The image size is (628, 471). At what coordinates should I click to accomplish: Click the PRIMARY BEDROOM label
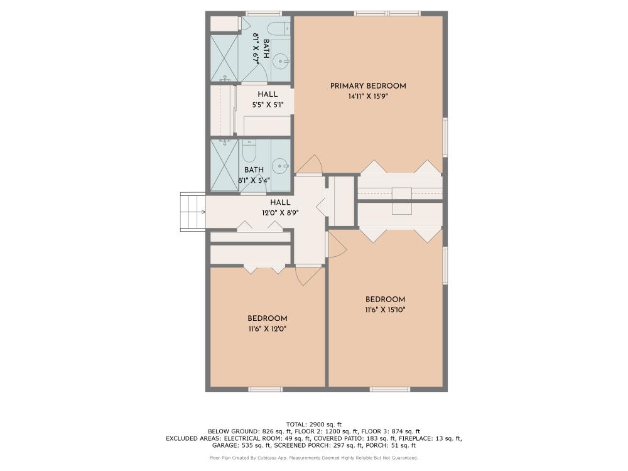tap(368, 86)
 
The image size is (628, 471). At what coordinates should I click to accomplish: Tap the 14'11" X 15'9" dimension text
tap(368, 97)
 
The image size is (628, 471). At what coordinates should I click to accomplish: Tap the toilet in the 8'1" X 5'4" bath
tap(249, 152)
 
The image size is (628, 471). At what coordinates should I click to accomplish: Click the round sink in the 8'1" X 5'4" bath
tap(280, 166)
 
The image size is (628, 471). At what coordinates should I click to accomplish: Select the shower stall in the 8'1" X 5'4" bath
tap(222, 165)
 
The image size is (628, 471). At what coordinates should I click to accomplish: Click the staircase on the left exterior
tap(193, 212)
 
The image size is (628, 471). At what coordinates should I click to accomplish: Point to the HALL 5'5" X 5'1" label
tap(268, 100)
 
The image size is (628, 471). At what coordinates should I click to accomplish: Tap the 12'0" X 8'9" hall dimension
tap(280, 213)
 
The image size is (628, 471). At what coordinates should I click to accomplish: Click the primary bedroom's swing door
tap(308, 164)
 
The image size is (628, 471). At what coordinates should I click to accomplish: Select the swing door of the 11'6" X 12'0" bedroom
tap(308, 276)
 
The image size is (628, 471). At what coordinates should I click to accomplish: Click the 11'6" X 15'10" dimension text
tap(386, 310)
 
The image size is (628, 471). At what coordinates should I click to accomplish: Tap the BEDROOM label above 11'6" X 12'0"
tap(267, 318)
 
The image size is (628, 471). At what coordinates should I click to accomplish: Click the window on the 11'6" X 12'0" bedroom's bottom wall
tap(264, 389)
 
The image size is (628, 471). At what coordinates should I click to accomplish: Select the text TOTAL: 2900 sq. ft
tap(313, 425)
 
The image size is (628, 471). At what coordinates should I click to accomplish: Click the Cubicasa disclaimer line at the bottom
tap(313, 458)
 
